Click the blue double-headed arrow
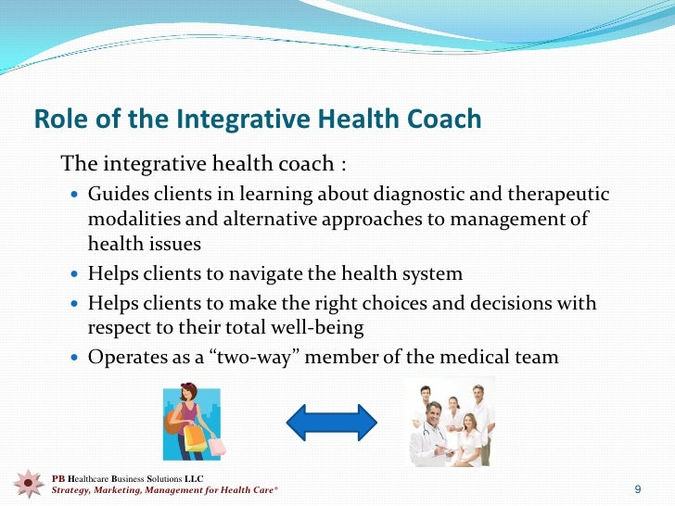(331, 423)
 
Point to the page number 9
(638, 488)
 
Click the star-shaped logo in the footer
(30, 484)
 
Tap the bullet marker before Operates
(75, 357)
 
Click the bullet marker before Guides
(75, 195)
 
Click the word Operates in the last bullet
(125, 356)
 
